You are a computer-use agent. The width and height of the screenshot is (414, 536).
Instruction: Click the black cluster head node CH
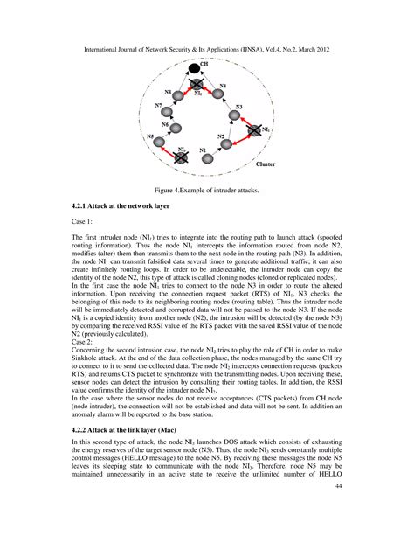(x=194, y=67)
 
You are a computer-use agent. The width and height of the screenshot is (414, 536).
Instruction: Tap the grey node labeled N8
(x=178, y=94)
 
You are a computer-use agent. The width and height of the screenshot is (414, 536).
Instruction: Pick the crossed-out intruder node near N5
(x=181, y=157)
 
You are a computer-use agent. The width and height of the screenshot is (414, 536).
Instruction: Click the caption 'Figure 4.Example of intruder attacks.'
(x=206, y=188)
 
